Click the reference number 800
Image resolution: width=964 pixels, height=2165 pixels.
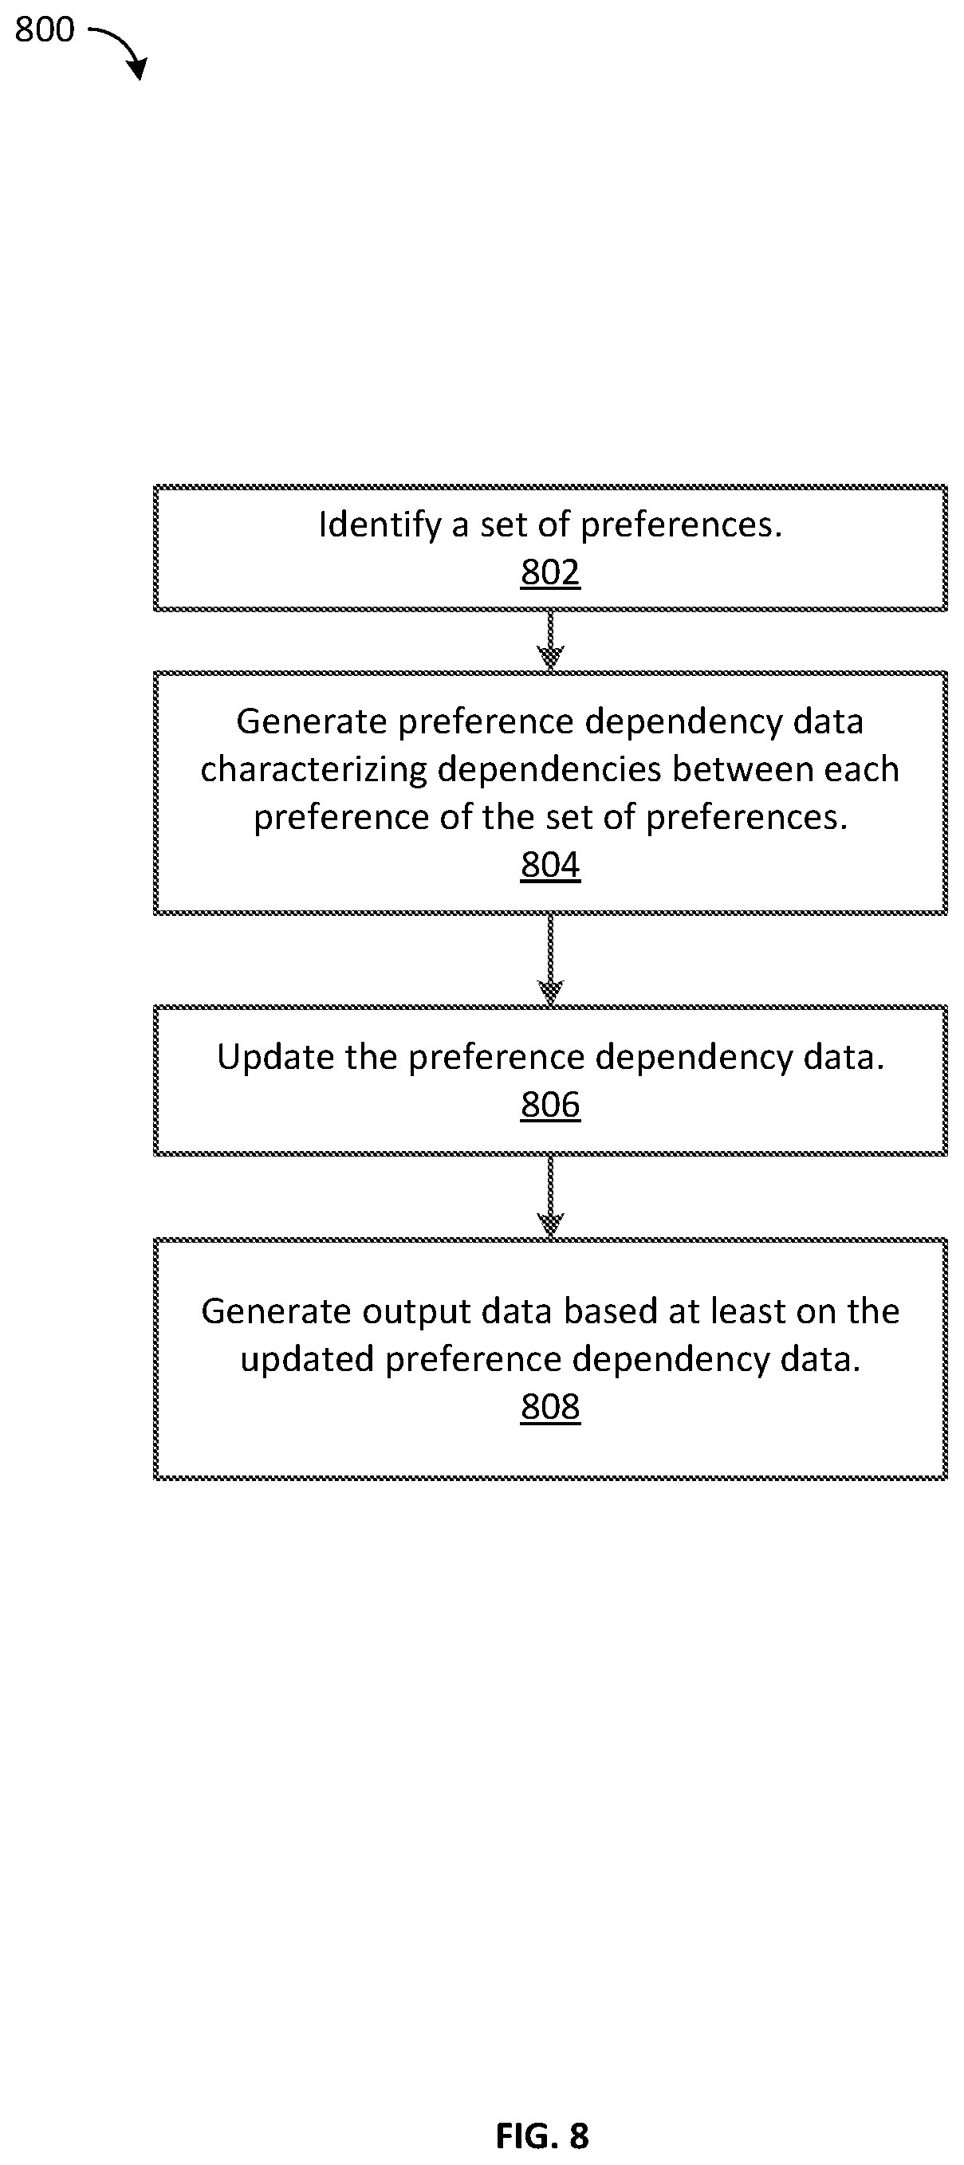tap(45, 29)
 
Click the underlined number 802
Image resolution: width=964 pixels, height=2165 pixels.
tap(550, 573)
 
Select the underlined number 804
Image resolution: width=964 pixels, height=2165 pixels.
tap(550, 865)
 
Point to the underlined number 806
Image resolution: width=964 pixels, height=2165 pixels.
tap(550, 1105)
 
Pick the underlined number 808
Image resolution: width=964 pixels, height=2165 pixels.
tap(550, 1407)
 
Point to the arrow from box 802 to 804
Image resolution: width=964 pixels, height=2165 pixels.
tap(550, 640)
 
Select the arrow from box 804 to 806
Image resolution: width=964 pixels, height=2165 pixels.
tap(550, 959)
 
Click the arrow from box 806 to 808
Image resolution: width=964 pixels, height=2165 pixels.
tap(550, 1196)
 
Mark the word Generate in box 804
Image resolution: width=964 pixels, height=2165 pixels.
tap(313, 721)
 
